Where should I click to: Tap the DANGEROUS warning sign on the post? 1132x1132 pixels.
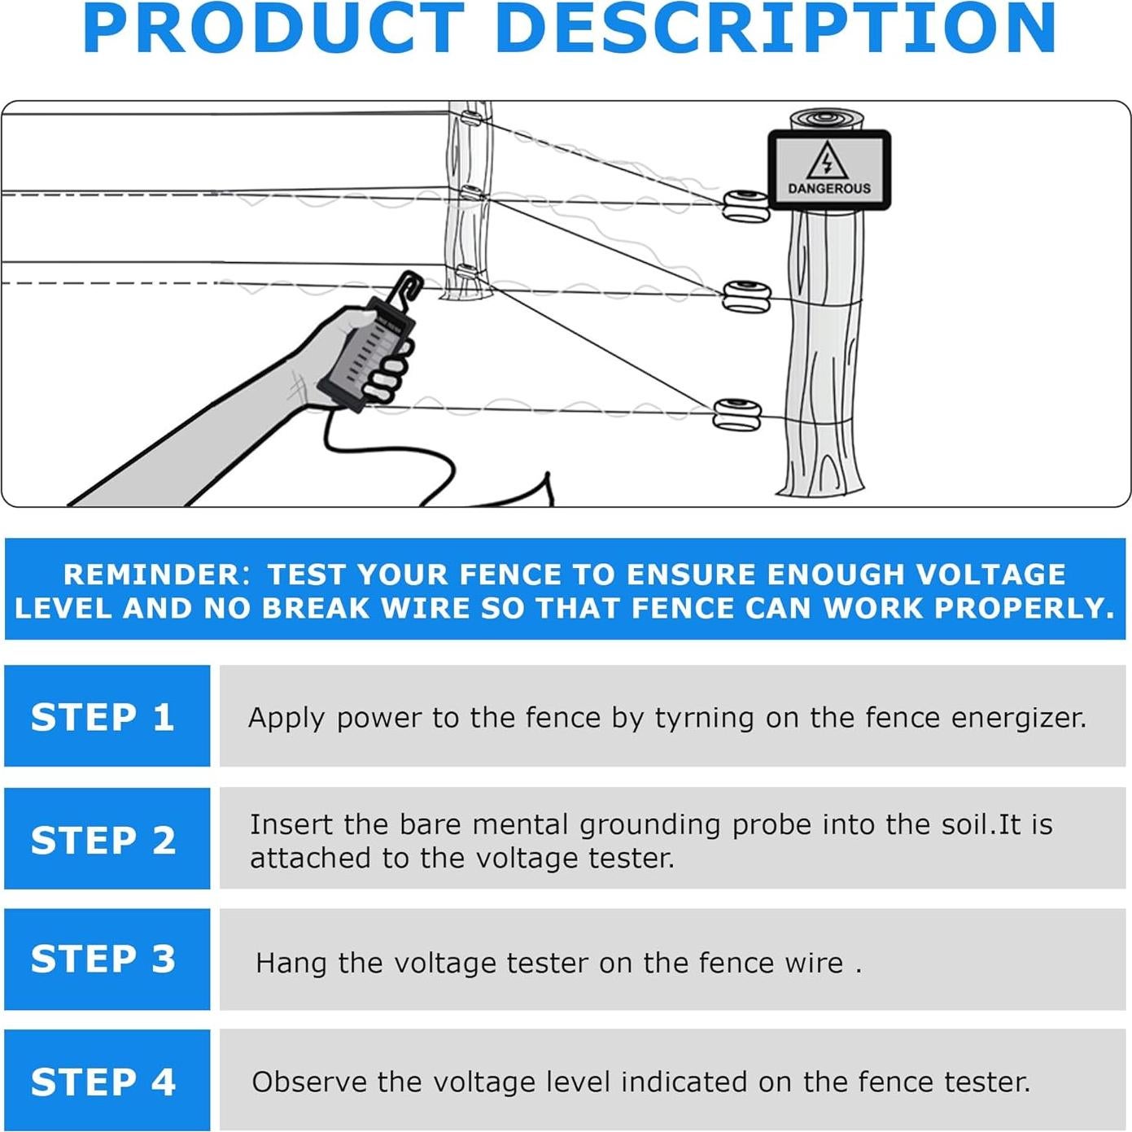(x=828, y=169)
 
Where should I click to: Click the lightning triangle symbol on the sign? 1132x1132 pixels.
(x=828, y=160)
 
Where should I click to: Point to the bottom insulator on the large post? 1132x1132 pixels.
(x=736, y=414)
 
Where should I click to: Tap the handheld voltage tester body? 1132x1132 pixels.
(x=366, y=354)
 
